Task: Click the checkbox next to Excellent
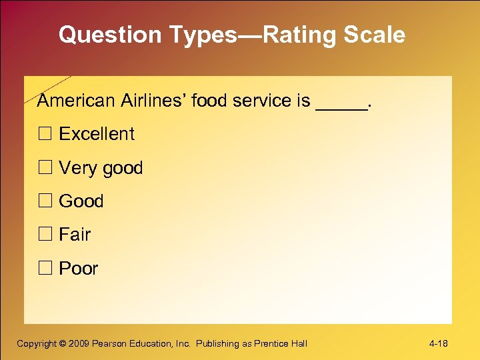[45, 134]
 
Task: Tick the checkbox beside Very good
[45, 168]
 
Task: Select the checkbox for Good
[45, 201]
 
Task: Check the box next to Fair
[45, 235]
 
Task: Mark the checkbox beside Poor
[45, 269]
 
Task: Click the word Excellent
[97, 134]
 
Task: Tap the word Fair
[75, 235]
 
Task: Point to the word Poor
[79, 269]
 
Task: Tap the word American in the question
[76, 101]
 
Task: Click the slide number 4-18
[439, 344]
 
